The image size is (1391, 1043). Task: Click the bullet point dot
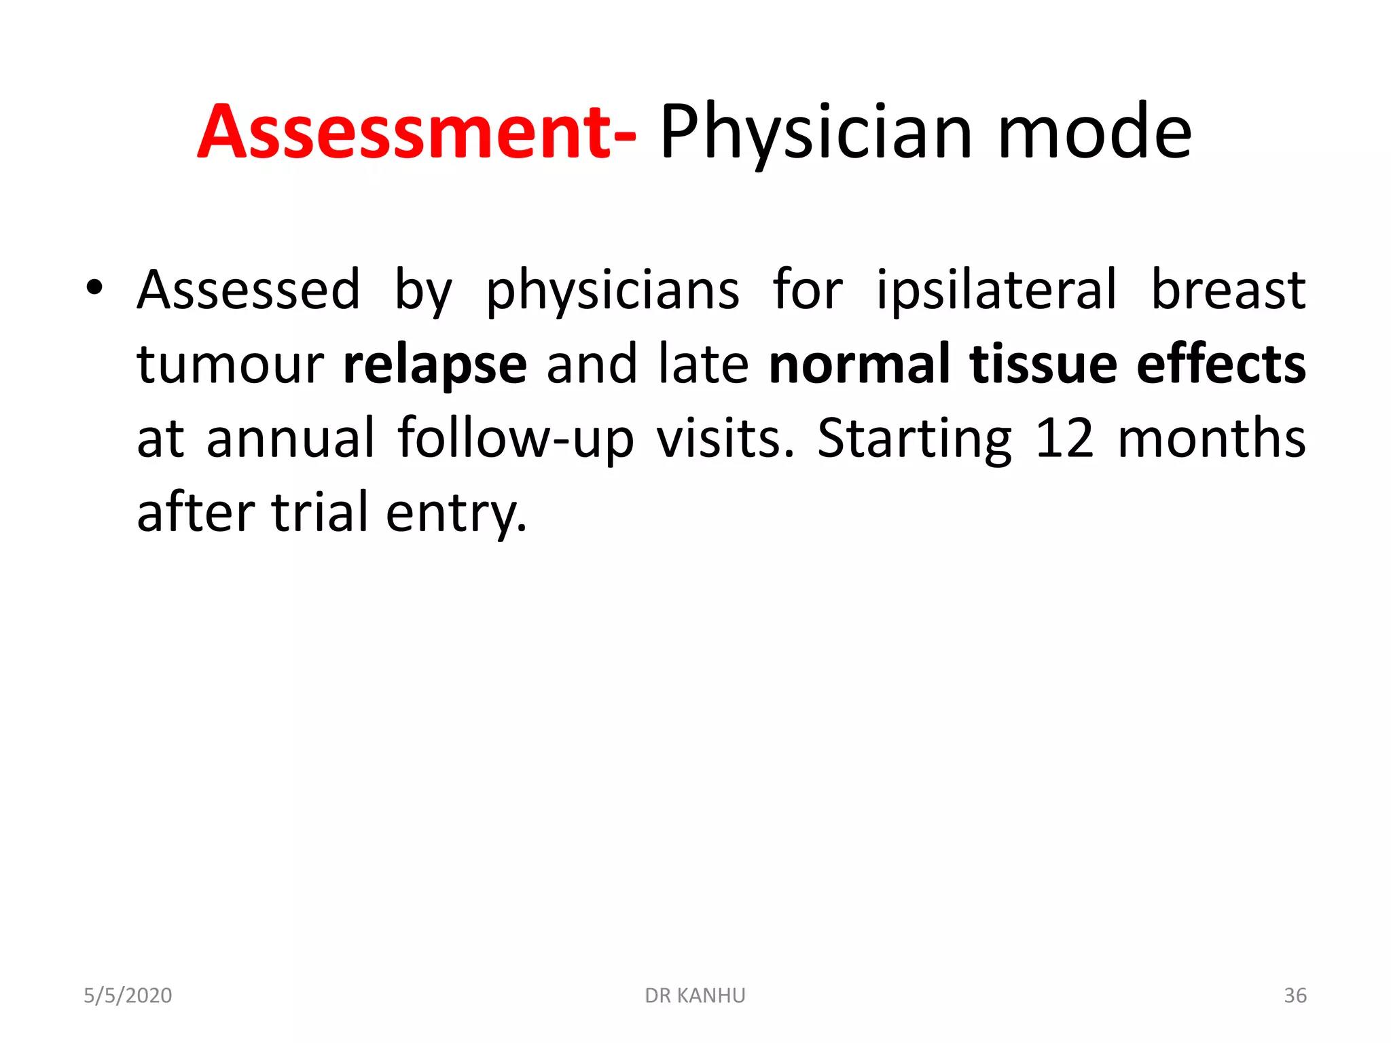point(94,288)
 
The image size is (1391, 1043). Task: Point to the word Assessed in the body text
point(249,291)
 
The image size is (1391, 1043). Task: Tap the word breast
point(1228,291)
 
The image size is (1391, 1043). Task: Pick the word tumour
point(230,365)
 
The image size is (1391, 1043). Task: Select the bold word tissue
point(1043,364)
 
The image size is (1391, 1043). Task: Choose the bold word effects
point(1221,364)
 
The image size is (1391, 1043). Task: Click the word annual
point(290,439)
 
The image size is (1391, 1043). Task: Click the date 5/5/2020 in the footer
point(128,995)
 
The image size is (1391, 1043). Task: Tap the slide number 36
point(1295,995)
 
